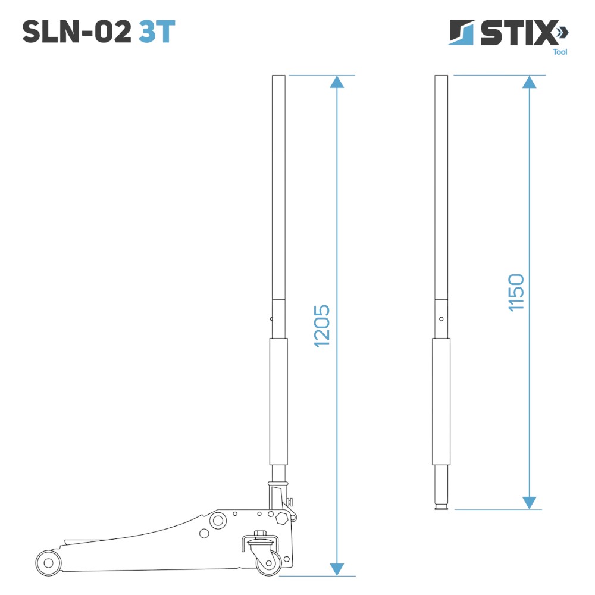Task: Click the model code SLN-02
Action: coord(77,32)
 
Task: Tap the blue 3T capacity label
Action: coord(156,32)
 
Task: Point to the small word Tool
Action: coord(560,52)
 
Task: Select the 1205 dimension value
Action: coord(322,326)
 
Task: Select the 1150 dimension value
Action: coord(516,293)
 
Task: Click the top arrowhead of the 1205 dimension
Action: coord(337,82)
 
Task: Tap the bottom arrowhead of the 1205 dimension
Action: coord(337,569)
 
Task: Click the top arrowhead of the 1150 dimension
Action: coord(530,82)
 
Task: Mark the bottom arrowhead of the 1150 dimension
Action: coord(530,503)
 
